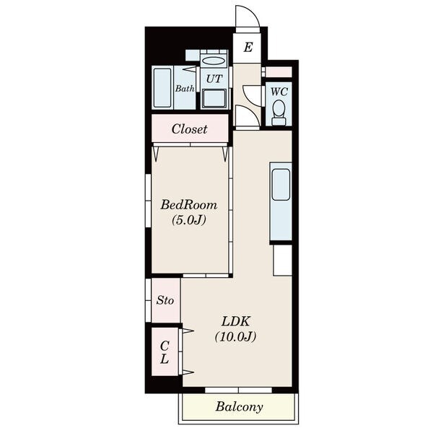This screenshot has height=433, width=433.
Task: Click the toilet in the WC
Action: pyautogui.click(x=279, y=113)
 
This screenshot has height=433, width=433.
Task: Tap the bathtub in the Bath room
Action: pyautogui.click(x=162, y=87)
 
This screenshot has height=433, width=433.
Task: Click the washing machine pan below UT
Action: pyautogui.click(x=214, y=99)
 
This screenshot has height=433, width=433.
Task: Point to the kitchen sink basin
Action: pyautogui.click(x=281, y=184)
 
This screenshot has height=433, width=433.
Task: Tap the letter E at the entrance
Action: pyautogui.click(x=248, y=47)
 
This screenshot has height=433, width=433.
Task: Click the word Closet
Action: pyautogui.click(x=189, y=129)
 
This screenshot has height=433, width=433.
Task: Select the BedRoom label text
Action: pyautogui.click(x=189, y=205)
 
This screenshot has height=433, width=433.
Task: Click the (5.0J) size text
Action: pyautogui.click(x=189, y=220)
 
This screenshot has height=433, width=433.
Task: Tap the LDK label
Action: pyautogui.click(x=236, y=321)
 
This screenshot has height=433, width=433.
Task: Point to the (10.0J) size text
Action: pyautogui.click(x=235, y=336)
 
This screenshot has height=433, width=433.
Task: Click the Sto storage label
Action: pyautogui.click(x=165, y=300)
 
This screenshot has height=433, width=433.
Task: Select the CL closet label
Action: pyautogui.click(x=165, y=352)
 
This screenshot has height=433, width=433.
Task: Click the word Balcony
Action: pyautogui.click(x=239, y=407)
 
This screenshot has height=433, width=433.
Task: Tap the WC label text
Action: pyautogui.click(x=279, y=92)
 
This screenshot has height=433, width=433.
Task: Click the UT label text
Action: pyautogui.click(x=214, y=79)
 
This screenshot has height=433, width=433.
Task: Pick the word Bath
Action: pyautogui.click(x=185, y=89)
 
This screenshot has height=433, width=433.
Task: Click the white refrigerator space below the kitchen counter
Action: pyautogui.click(x=282, y=260)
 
